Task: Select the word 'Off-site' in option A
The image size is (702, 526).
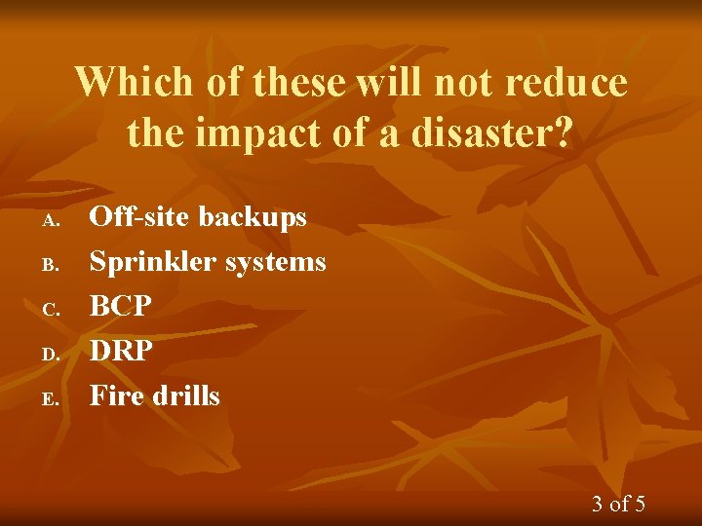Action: (137, 216)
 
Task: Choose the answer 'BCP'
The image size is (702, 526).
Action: (121, 306)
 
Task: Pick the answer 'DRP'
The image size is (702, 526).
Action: (122, 351)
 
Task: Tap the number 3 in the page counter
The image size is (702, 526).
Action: (598, 504)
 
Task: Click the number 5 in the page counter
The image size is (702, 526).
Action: (639, 504)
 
